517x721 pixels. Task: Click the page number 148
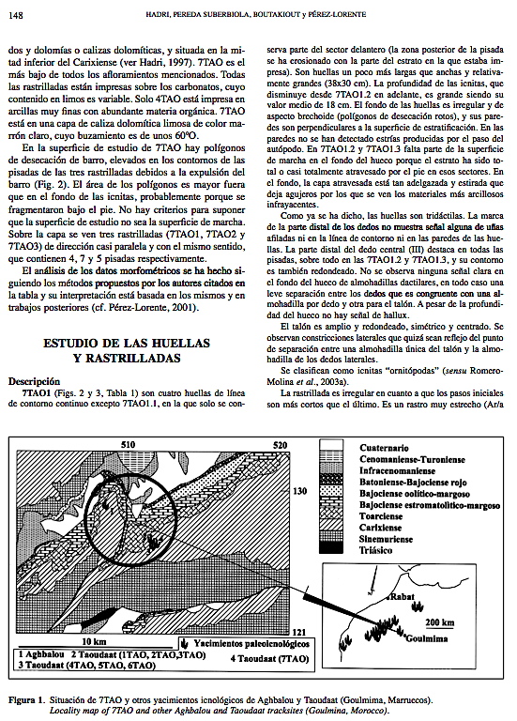[16, 15]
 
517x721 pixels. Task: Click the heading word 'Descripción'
[35, 381]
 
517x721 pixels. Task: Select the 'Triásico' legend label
[375, 550]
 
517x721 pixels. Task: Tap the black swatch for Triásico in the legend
[331, 547]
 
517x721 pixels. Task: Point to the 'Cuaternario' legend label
[384, 448]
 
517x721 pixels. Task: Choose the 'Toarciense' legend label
[381, 516]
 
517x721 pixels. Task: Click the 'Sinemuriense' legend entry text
[386, 539]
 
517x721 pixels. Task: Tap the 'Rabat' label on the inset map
[403, 597]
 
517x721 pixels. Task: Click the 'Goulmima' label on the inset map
[427, 637]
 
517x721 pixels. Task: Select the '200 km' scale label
[439, 622]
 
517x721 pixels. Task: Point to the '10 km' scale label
[94, 641]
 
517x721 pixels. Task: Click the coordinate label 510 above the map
[129, 445]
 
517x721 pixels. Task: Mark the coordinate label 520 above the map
[280, 445]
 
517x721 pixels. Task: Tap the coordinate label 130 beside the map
[299, 491]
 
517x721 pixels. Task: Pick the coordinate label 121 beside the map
[299, 632]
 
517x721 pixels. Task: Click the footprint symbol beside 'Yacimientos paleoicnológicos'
[185, 643]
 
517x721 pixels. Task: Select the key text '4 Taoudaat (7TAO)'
[269, 658]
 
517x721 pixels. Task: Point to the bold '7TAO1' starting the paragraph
[36, 393]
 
